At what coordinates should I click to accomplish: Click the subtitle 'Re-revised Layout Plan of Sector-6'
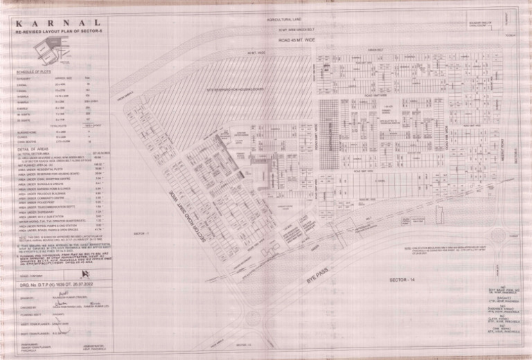pyautogui.click(x=58, y=32)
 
